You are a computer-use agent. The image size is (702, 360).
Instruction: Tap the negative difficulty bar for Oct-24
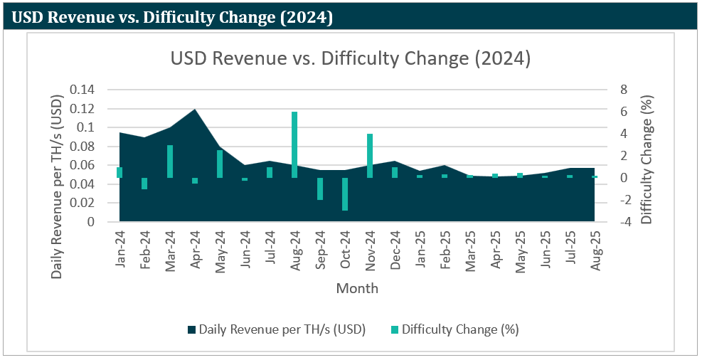(x=345, y=194)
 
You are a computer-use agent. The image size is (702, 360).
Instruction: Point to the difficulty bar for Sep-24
(x=320, y=189)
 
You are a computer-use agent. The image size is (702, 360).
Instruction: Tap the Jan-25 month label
(x=420, y=247)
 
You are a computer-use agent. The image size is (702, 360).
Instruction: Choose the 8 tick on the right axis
(x=624, y=90)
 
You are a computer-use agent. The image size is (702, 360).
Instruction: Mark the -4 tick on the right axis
(x=622, y=222)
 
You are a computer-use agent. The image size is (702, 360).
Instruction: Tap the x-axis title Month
(x=357, y=288)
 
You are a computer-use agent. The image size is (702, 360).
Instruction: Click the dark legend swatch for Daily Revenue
(x=191, y=329)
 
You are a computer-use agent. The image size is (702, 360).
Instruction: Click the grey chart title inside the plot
(x=351, y=58)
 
